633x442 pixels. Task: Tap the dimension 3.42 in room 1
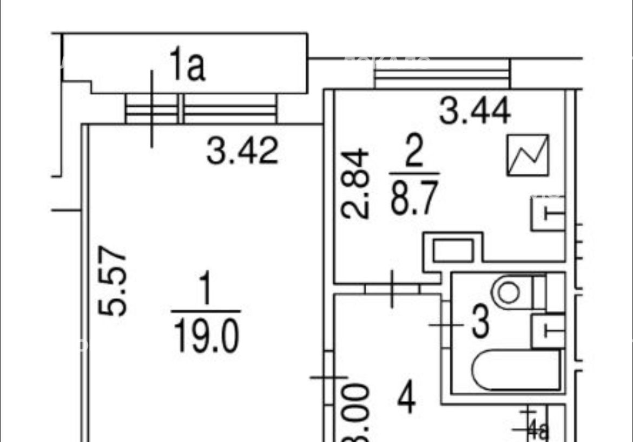pos(242,151)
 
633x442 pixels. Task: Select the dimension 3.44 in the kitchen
pos(474,112)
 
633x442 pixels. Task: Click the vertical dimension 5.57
pos(113,281)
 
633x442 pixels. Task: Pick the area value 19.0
pos(206,335)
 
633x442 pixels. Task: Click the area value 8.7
pos(414,197)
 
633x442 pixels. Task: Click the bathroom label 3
pos(480,322)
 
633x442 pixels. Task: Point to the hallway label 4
pos(406,399)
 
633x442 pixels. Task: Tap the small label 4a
pos(537,431)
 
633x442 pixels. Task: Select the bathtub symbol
pos(516,370)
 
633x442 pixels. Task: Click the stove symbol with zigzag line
pos(527,155)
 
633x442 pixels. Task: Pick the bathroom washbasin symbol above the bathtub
pos(548,330)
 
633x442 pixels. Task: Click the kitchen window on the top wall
pos(441,74)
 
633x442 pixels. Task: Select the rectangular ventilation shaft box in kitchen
pos(453,251)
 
